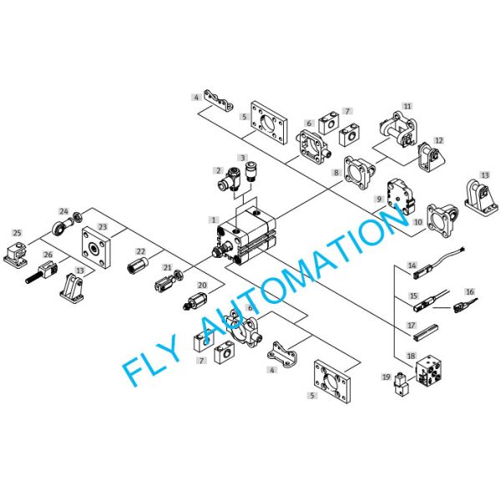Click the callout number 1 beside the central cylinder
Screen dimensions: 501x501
214,220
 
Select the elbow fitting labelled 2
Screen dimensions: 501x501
228,179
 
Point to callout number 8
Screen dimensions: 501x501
337,173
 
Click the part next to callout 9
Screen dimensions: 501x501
402,196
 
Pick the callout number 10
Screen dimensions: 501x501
418,222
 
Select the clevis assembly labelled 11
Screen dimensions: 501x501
398,128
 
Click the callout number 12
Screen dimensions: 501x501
439,140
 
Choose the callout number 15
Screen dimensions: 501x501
413,296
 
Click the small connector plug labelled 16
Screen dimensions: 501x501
465,305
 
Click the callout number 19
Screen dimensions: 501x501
387,377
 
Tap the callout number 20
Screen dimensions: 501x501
202,285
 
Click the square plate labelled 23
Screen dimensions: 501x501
97,248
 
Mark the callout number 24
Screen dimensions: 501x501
64,211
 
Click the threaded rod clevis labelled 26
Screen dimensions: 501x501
42,271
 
